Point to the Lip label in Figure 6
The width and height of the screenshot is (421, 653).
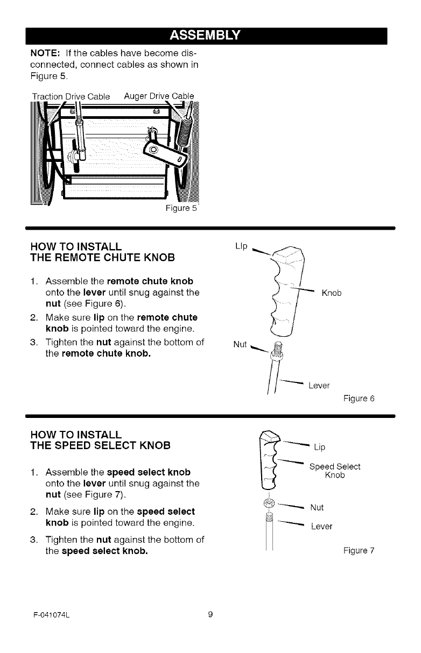click(241, 246)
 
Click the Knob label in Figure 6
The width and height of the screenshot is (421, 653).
click(332, 294)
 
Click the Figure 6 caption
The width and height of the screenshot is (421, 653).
click(359, 399)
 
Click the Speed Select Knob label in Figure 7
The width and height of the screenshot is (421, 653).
click(334, 471)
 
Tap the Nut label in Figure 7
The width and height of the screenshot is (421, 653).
click(318, 507)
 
